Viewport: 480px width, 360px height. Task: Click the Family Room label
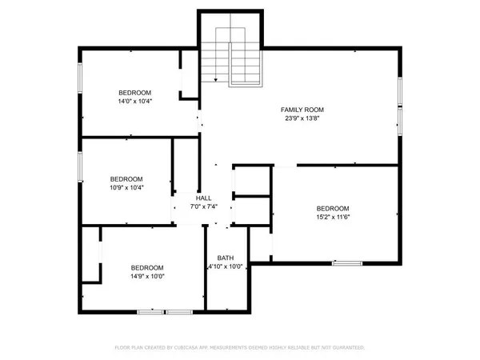(302, 109)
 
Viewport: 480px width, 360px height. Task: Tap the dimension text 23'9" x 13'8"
(302, 118)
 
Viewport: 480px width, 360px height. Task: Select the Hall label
(203, 198)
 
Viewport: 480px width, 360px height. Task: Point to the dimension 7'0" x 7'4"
(203, 207)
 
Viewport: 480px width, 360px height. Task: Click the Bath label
(226, 258)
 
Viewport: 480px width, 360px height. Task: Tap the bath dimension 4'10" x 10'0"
(226, 267)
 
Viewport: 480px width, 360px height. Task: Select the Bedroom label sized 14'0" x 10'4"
(135, 92)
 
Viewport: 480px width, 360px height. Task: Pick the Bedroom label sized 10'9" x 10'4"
(126, 178)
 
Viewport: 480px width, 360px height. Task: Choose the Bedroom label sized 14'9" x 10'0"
(147, 267)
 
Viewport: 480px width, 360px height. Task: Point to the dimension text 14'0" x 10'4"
(135, 102)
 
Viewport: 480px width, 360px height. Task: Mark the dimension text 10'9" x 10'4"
(126, 188)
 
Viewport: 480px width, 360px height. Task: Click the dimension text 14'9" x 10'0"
(147, 277)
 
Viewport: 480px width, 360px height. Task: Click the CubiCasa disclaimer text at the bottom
(240, 348)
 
